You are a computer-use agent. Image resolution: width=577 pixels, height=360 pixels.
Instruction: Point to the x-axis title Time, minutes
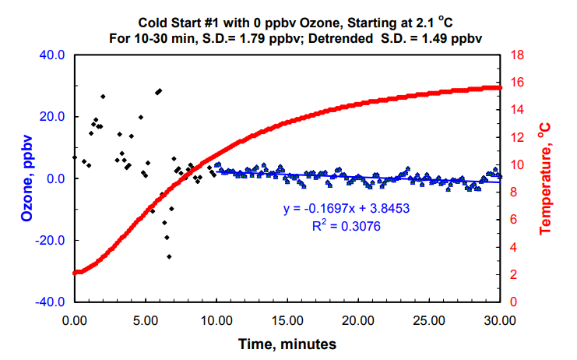pos(287,342)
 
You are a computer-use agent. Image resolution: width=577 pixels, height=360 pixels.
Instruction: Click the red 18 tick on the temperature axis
pos(515,55)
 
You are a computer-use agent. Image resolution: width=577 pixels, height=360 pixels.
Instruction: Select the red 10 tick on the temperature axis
pos(515,165)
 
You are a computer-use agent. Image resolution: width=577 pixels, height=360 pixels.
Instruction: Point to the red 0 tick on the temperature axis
pos(512,302)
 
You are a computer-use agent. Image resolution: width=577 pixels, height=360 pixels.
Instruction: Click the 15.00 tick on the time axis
pos(287,319)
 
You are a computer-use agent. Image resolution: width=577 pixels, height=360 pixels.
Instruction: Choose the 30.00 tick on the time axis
pos(499,319)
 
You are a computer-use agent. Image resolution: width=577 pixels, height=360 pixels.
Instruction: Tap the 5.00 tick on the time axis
pos(145,319)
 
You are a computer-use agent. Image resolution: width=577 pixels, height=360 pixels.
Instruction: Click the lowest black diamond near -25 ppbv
pos(169,256)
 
